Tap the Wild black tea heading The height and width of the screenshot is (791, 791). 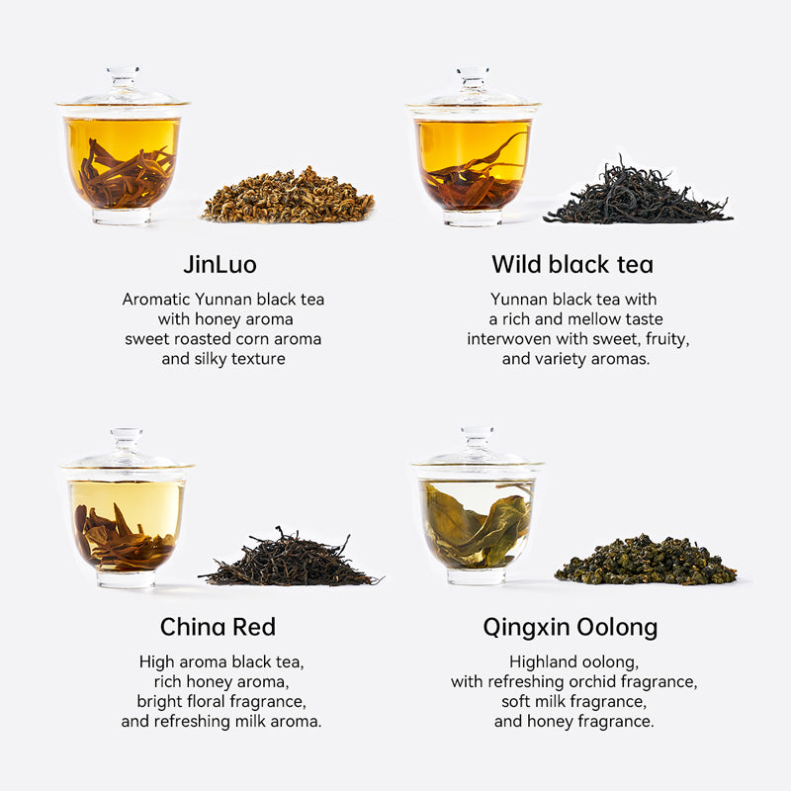click(x=572, y=264)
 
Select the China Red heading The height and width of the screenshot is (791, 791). click(x=218, y=627)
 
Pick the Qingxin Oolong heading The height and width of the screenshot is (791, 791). click(x=571, y=627)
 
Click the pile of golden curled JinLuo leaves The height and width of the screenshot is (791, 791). click(x=289, y=197)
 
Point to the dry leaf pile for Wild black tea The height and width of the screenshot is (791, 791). click(x=638, y=197)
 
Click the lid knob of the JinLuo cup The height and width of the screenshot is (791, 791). click(x=123, y=75)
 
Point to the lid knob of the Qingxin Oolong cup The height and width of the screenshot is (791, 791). click(x=477, y=436)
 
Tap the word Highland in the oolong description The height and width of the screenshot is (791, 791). click(x=542, y=661)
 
